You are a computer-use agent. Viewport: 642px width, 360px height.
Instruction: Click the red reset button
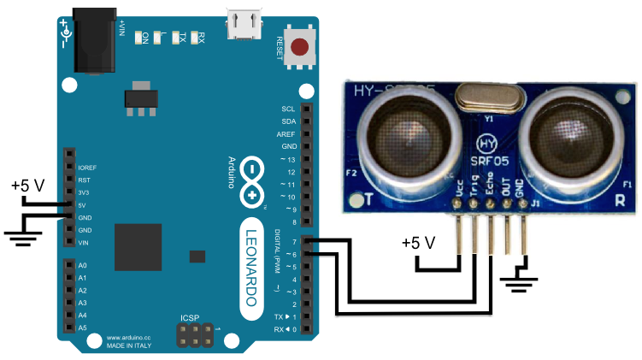[299, 47]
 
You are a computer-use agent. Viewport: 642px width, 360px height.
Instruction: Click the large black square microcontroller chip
[138, 247]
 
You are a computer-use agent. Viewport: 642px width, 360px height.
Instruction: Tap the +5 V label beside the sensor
[419, 243]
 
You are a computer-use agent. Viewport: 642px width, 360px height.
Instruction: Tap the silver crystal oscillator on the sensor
[486, 96]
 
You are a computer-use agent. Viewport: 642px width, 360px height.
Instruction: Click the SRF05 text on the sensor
[486, 161]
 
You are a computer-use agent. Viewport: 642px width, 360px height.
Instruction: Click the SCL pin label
[288, 109]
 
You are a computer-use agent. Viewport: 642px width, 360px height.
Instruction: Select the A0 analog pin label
[83, 266]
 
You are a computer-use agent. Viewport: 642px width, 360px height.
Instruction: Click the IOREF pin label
[87, 168]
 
